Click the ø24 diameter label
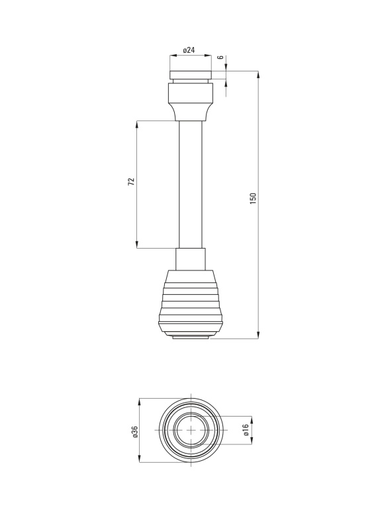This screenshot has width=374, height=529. (189, 50)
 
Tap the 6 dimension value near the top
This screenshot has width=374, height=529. (220, 58)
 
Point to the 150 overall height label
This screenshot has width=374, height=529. (253, 198)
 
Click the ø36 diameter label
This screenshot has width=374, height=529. (135, 432)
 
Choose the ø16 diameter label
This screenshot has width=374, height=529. (246, 430)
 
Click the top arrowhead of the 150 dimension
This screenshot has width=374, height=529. (258, 75)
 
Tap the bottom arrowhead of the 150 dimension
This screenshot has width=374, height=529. (258, 335)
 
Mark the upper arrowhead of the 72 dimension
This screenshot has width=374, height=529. (137, 124)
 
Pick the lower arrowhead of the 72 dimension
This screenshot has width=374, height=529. (137, 245)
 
